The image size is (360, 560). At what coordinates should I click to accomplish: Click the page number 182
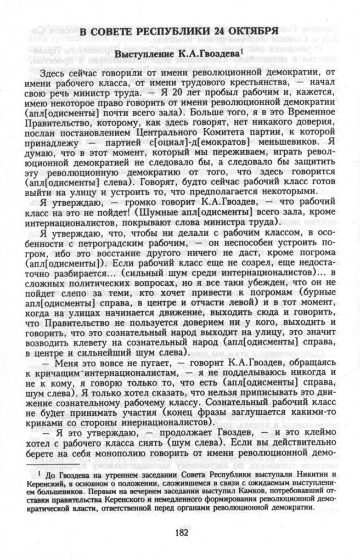(182, 530)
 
